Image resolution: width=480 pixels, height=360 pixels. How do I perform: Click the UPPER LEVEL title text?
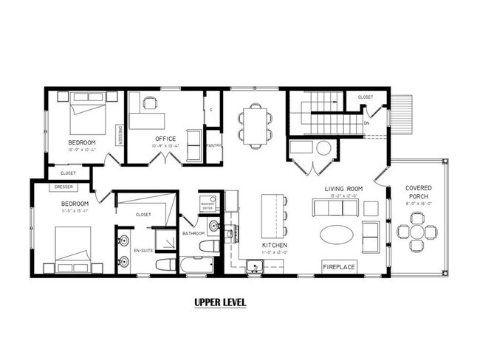tap(220, 302)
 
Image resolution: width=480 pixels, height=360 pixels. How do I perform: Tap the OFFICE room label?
tap(165, 139)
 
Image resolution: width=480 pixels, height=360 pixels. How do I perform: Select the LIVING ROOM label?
tap(344, 189)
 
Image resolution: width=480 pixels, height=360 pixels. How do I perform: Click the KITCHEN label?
tap(274, 245)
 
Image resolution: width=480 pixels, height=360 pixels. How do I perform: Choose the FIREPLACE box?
tap(340, 266)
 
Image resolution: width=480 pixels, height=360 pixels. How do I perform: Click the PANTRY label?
tap(213, 146)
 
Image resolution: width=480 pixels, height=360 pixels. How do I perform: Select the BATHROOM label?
tap(194, 234)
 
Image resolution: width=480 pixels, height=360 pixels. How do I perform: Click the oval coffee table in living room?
tap(336, 235)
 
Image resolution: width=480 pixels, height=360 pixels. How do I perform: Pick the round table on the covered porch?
tap(417, 231)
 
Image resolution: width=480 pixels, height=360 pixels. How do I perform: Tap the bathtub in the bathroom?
tap(197, 265)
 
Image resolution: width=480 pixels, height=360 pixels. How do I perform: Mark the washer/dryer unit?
tap(208, 203)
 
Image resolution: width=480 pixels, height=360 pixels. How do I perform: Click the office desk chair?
tap(150, 103)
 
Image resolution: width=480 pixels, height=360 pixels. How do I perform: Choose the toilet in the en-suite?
tap(165, 264)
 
